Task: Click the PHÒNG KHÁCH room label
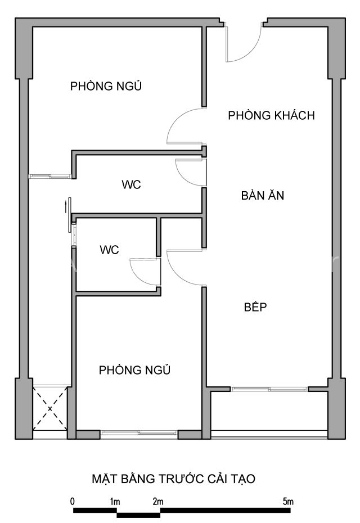point(271,115)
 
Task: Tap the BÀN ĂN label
point(263,195)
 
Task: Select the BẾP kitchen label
point(255,306)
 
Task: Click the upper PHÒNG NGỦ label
point(106,85)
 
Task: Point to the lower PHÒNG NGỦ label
point(134,369)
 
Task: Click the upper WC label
point(131,184)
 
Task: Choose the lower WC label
point(109,250)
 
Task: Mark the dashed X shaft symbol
point(50,408)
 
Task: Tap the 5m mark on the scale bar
point(288,501)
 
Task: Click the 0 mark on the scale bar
point(73,501)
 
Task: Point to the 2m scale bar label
point(158,501)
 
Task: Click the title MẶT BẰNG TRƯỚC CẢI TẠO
point(173,479)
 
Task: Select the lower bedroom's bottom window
point(139,433)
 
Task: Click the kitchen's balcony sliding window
point(269,389)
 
